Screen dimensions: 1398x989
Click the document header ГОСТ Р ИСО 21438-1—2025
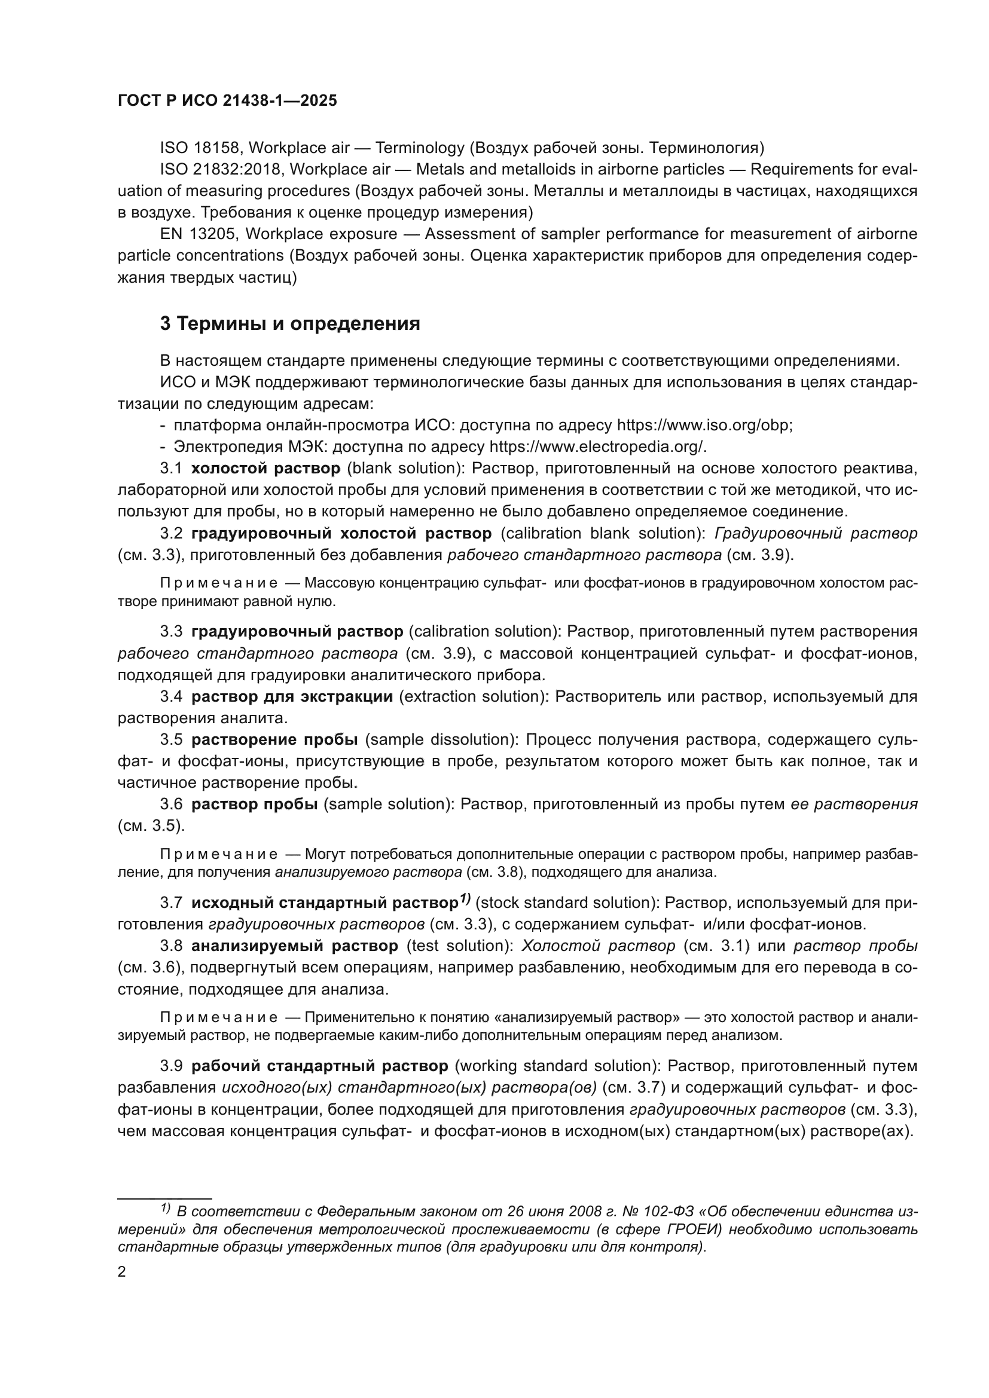coord(227,101)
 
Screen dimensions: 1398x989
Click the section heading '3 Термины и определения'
coord(290,324)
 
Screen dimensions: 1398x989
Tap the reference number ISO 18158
coord(200,148)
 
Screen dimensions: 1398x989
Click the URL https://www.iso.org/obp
coord(704,425)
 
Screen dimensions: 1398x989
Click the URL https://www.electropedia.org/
coord(597,446)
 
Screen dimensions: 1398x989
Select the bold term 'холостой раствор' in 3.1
coord(265,468)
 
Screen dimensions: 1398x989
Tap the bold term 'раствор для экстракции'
coord(292,696)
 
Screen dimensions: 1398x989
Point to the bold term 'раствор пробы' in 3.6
coord(255,804)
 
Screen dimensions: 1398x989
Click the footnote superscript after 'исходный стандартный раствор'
coord(465,899)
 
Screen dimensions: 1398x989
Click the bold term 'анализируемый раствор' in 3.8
coord(294,946)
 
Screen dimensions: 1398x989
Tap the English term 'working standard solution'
coord(557,1066)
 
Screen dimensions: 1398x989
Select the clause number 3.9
coord(170,1066)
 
